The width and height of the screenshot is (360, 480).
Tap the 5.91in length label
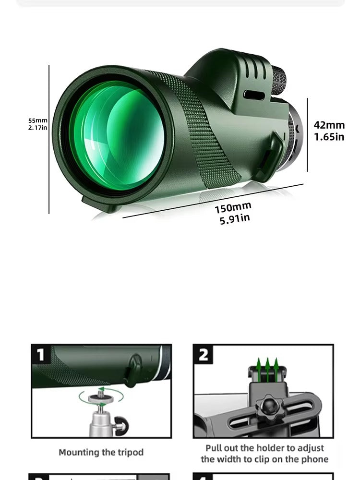tap(235, 219)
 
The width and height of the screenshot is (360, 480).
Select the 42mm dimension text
tap(329, 125)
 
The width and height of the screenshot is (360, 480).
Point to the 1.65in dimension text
tap(329, 137)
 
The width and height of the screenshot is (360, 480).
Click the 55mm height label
tap(37, 120)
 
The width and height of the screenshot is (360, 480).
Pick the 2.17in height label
tap(37, 128)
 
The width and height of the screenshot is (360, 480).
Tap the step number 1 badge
tap(41, 355)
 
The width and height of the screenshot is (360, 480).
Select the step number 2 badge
tap(204, 355)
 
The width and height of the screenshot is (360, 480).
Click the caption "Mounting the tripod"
tap(101, 452)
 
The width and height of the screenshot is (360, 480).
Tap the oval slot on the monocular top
tap(254, 95)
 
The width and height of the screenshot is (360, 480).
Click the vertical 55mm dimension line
tap(49, 139)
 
